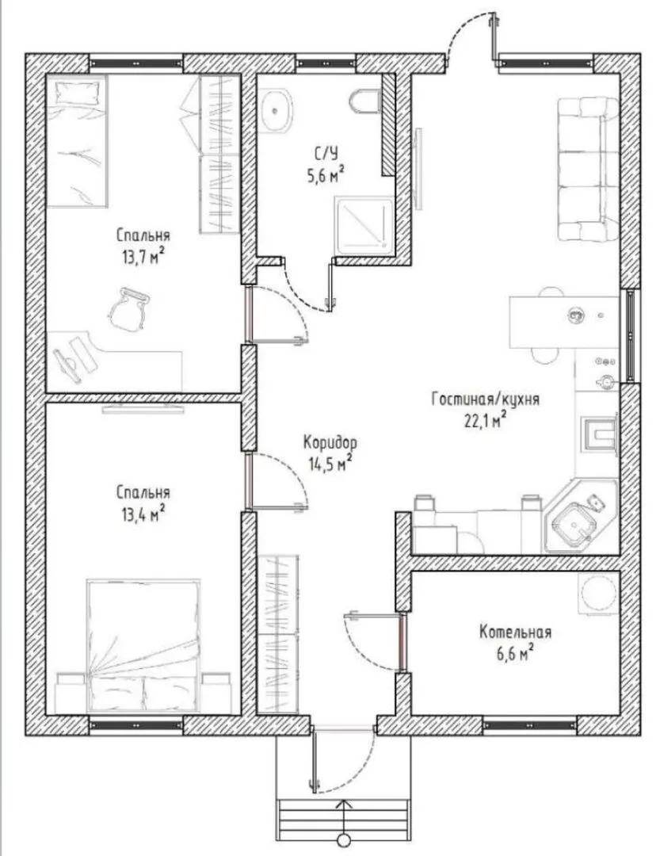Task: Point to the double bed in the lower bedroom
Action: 143,645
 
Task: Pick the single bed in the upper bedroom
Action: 76,141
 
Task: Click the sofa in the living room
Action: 588,169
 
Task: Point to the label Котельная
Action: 515,632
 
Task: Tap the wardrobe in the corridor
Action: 278,634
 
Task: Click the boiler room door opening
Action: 402,642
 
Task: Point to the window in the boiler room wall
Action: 529,725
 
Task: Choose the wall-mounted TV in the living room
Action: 419,169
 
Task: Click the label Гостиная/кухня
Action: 486,399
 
